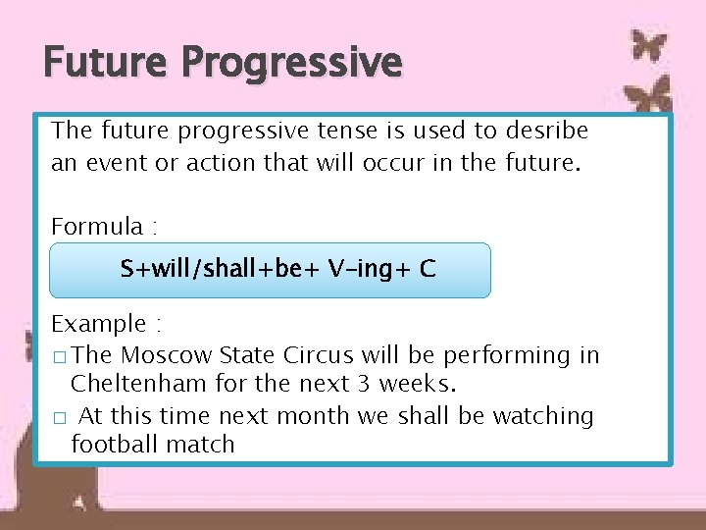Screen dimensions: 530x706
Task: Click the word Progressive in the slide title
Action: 291,63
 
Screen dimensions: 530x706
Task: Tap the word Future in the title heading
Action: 107,63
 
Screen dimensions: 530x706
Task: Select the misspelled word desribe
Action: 546,131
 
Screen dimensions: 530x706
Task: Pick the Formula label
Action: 97,227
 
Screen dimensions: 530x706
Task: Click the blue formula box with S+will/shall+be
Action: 270,270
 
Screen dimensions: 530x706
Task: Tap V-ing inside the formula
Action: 364,269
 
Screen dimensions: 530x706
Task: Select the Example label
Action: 98,324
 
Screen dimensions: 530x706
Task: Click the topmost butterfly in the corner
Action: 648,45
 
